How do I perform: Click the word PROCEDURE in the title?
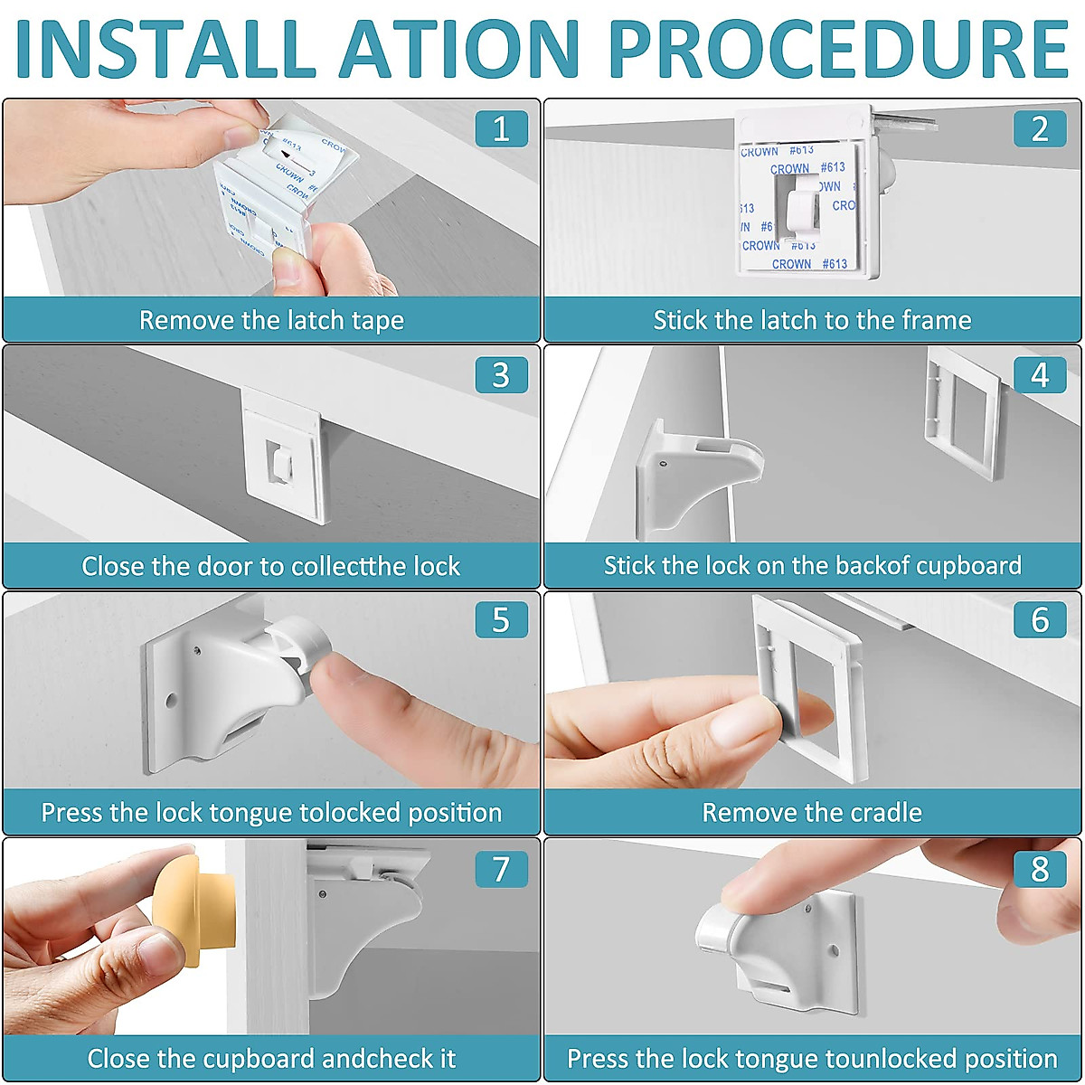(839, 49)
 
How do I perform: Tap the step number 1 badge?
(501, 129)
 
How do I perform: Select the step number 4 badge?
(1040, 374)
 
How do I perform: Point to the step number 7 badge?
(501, 869)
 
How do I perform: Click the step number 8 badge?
(1040, 869)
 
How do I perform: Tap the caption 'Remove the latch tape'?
(271, 320)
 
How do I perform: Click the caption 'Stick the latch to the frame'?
(812, 320)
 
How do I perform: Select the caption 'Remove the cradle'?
(812, 813)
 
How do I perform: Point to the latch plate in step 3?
(283, 455)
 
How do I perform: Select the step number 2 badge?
(1040, 129)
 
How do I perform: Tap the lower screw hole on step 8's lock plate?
(835, 951)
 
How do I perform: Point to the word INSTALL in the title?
(165, 49)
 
